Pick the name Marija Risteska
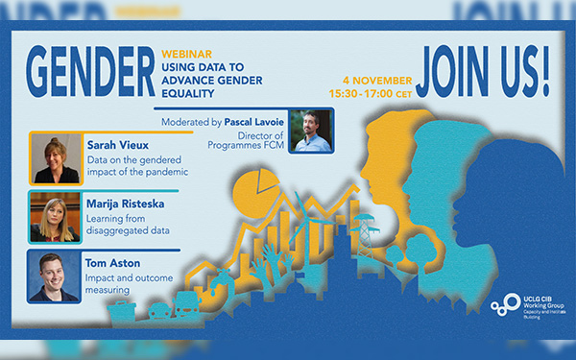coord(129,203)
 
